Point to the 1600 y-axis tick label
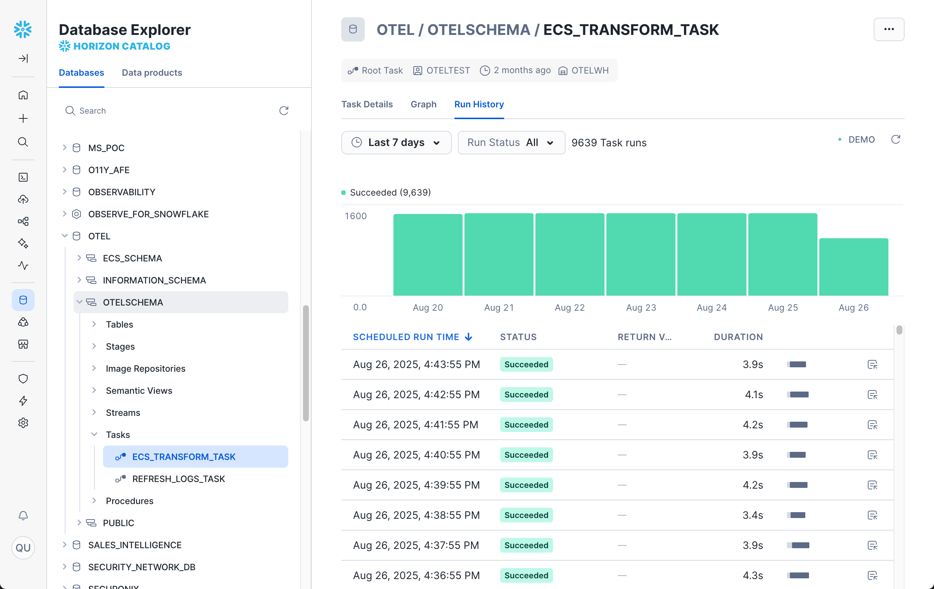pos(355,216)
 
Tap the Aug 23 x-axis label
pos(641,307)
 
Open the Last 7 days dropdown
pos(396,143)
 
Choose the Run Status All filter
pos(511,143)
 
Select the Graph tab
pos(423,104)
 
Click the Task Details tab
pos(367,104)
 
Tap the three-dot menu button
pos(888,29)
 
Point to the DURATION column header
pos(738,337)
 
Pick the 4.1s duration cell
pos(753,395)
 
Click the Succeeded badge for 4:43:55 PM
pos(526,364)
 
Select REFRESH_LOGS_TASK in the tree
pos(178,479)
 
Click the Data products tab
pos(151,73)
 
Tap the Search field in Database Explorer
pos(171,111)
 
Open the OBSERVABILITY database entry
pos(121,192)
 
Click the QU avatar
pos(23,547)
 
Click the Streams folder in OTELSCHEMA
pos(122,413)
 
